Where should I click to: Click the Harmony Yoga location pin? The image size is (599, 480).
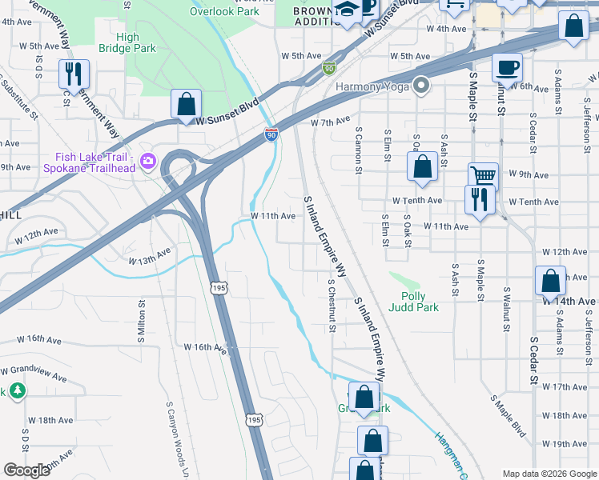pyautogui.click(x=422, y=86)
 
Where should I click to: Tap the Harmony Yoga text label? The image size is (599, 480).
pyautogui.click(x=372, y=86)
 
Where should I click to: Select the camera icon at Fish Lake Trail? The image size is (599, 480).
pyautogui.click(x=147, y=162)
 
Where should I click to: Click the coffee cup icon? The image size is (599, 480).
pyautogui.click(x=506, y=67)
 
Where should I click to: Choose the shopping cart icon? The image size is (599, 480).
pyautogui.click(x=483, y=177)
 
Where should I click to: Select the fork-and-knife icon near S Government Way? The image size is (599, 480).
pyautogui.click(x=74, y=74)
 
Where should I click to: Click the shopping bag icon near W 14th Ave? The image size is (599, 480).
pyautogui.click(x=550, y=281)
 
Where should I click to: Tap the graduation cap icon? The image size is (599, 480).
pyautogui.click(x=347, y=10)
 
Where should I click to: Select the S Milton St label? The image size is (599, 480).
pyautogui.click(x=142, y=316)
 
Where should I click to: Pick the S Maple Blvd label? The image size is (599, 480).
pyautogui.click(x=509, y=416)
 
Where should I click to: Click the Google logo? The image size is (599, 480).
pyautogui.click(x=27, y=470)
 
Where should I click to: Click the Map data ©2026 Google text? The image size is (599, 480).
pyautogui.click(x=549, y=473)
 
